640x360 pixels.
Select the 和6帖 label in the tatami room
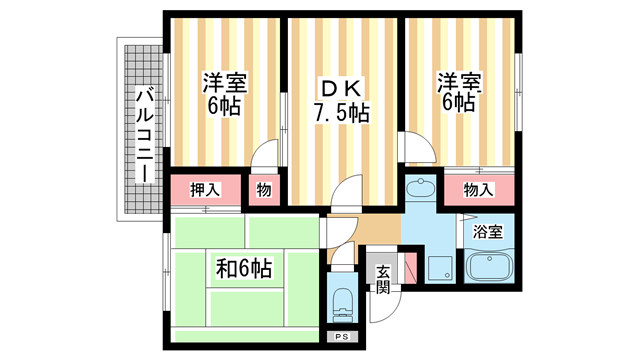pos(243,268)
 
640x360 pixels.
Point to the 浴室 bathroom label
pos(488,232)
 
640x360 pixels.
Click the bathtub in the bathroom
pos(489,269)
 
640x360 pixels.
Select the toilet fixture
pos(342,300)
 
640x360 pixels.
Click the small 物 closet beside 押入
pos(264,190)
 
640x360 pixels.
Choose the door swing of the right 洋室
pos(418,149)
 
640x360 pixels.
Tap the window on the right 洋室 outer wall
pos(519,91)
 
